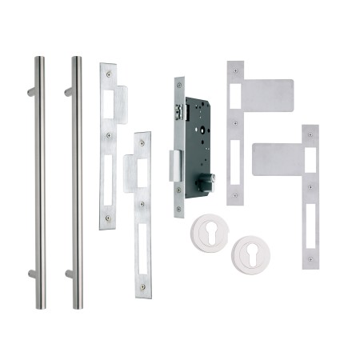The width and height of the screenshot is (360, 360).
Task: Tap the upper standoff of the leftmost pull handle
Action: point(31,92)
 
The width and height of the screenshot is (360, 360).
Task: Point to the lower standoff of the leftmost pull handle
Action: point(31,274)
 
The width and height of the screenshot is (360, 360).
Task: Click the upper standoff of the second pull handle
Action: point(68,92)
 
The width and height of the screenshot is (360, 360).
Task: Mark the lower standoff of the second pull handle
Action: point(68,274)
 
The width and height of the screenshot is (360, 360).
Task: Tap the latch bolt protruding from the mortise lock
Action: point(173,165)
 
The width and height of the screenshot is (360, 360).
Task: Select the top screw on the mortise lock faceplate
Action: point(180,84)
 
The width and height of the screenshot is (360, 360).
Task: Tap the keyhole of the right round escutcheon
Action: point(250,254)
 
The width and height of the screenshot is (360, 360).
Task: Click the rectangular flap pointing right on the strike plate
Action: point(267,94)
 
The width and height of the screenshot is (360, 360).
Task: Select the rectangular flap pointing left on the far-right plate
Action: point(277,158)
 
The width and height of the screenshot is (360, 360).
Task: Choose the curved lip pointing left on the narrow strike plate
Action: point(130,172)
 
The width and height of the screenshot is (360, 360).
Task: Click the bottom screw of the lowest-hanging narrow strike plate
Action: point(143,287)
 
